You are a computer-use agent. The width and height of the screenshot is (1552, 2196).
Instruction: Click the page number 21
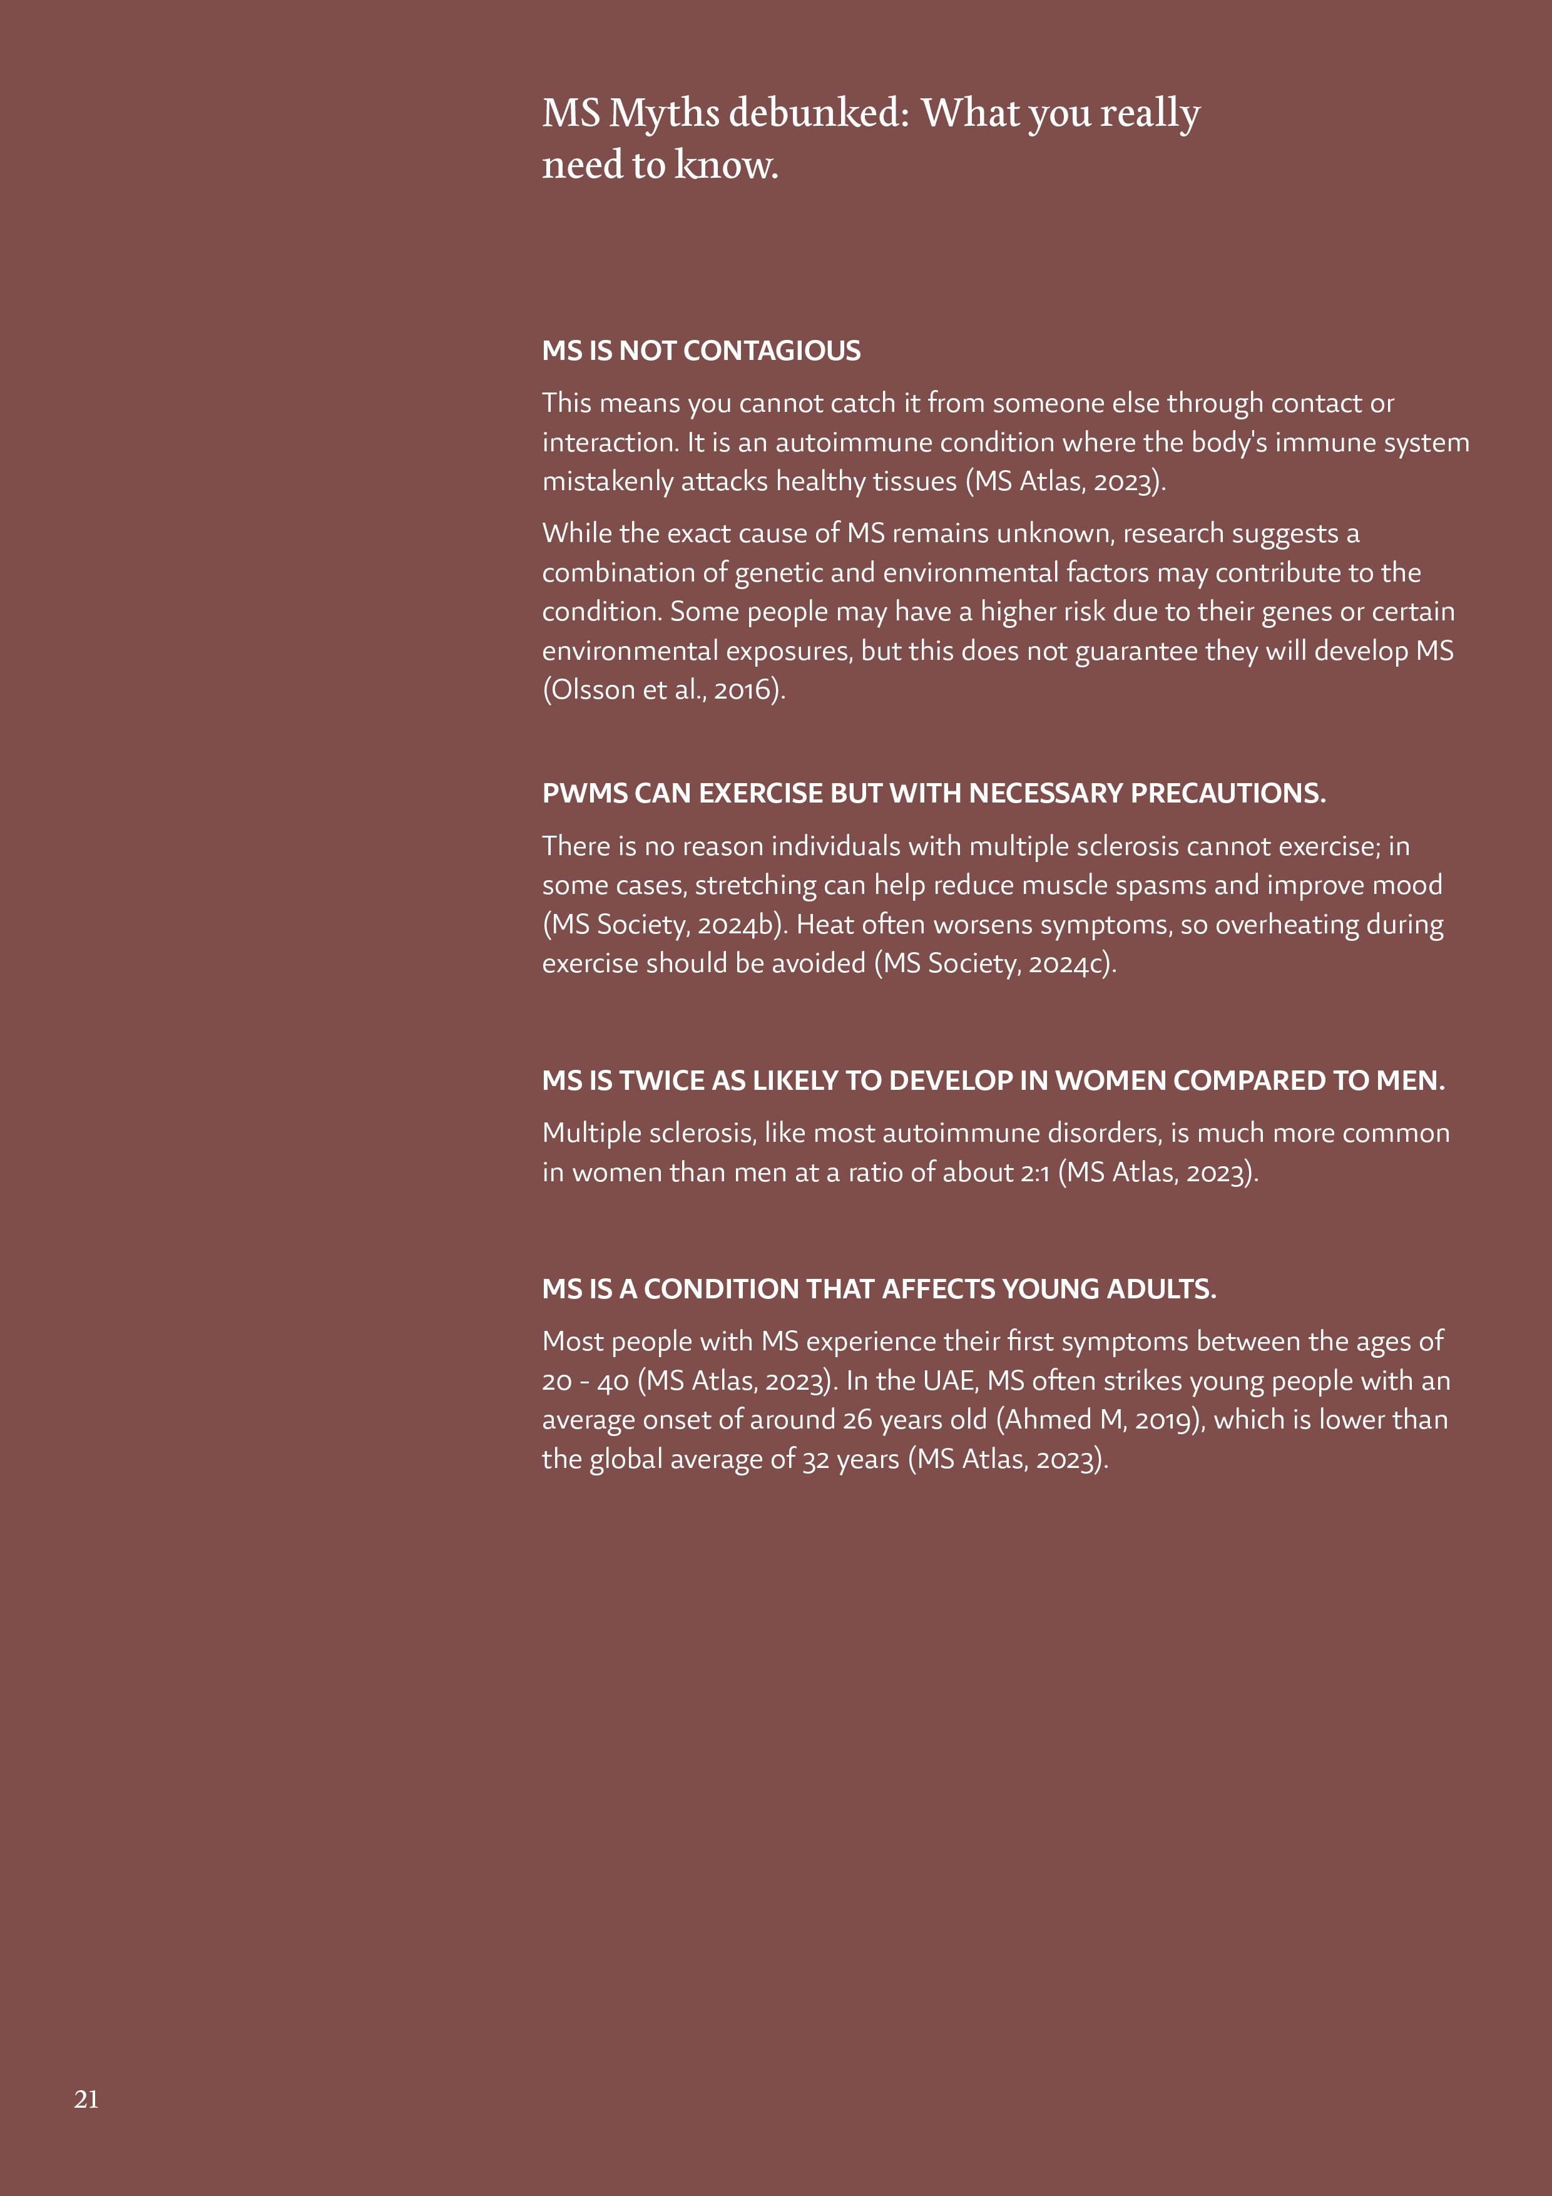pyautogui.click(x=86, y=2098)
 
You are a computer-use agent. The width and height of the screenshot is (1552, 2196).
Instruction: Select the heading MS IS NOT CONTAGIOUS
pyautogui.click(x=701, y=351)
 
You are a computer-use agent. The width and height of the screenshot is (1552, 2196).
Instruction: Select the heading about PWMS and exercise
pyautogui.click(x=933, y=793)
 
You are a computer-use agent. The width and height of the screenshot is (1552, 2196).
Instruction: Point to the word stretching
pyautogui.click(x=755, y=886)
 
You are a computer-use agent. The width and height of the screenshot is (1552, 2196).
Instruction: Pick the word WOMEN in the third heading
pyautogui.click(x=1110, y=1080)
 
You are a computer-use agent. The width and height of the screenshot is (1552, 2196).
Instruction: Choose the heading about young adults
pyautogui.click(x=879, y=1290)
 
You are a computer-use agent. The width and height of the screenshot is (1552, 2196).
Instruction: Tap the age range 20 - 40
pyautogui.click(x=585, y=1381)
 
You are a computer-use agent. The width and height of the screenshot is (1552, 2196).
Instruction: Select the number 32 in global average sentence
pyautogui.click(x=815, y=1460)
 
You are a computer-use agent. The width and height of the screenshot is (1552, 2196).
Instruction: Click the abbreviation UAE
pyautogui.click(x=949, y=1381)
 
